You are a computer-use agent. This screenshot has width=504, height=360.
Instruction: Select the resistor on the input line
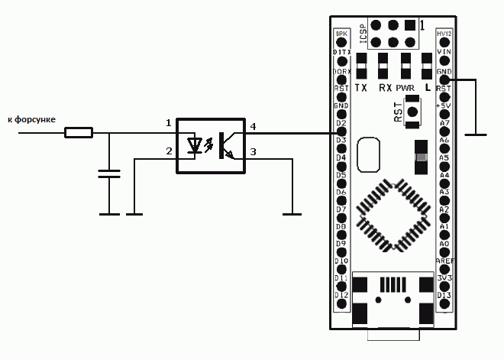tap(79, 133)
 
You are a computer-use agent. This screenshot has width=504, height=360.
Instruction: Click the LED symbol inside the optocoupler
tap(196, 144)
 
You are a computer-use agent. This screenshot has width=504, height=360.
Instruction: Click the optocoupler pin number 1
tap(169, 123)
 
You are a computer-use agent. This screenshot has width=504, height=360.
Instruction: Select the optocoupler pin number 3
tap(253, 152)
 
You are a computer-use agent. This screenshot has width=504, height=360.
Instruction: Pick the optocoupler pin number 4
tap(253, 125)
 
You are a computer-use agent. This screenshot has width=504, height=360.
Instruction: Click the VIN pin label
tap(444, 52)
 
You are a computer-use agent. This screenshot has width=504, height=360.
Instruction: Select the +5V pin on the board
tap(444, 105)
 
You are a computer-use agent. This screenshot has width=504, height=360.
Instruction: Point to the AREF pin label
tap(444, 261)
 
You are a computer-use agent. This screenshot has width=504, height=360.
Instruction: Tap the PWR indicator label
tap(405, 88)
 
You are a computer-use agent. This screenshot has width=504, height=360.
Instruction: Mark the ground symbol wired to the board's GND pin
tap(477, 135)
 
